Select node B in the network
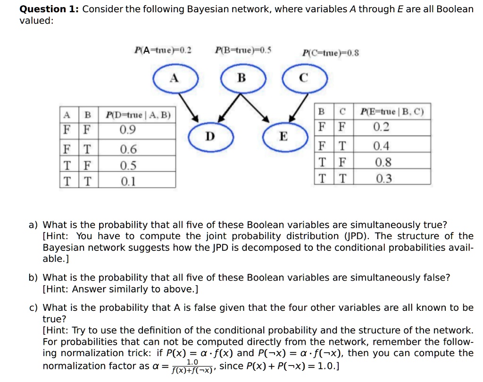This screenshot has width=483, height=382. (243, 78)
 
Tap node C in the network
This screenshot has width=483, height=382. (305, 78)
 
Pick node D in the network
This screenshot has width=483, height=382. (211, 136)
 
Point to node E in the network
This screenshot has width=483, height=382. (285, 136)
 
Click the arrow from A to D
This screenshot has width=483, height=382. (189, 108)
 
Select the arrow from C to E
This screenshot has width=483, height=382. (298, 108)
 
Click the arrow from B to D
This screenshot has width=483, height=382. (229, 108)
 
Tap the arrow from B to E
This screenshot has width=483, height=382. (255, 108)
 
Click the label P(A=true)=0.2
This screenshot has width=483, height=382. (163, 50)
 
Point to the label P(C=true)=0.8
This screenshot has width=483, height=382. (330, 53)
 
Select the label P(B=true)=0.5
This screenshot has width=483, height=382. (243, 50)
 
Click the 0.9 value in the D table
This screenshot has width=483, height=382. (127, 130)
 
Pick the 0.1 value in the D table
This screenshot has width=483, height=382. (128, 181)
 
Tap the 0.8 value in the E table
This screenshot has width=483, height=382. (383, 162)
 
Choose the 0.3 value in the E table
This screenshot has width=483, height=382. (384, 178)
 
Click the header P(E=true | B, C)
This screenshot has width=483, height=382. (392, 111)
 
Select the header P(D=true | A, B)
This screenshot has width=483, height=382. (138, 115)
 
